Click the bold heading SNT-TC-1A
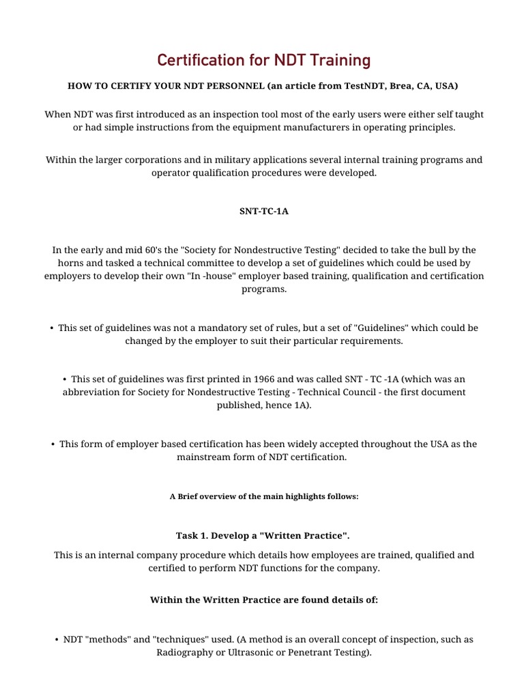(264, 211)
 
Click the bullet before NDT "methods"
(55, 640)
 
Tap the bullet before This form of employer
(53, 444)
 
